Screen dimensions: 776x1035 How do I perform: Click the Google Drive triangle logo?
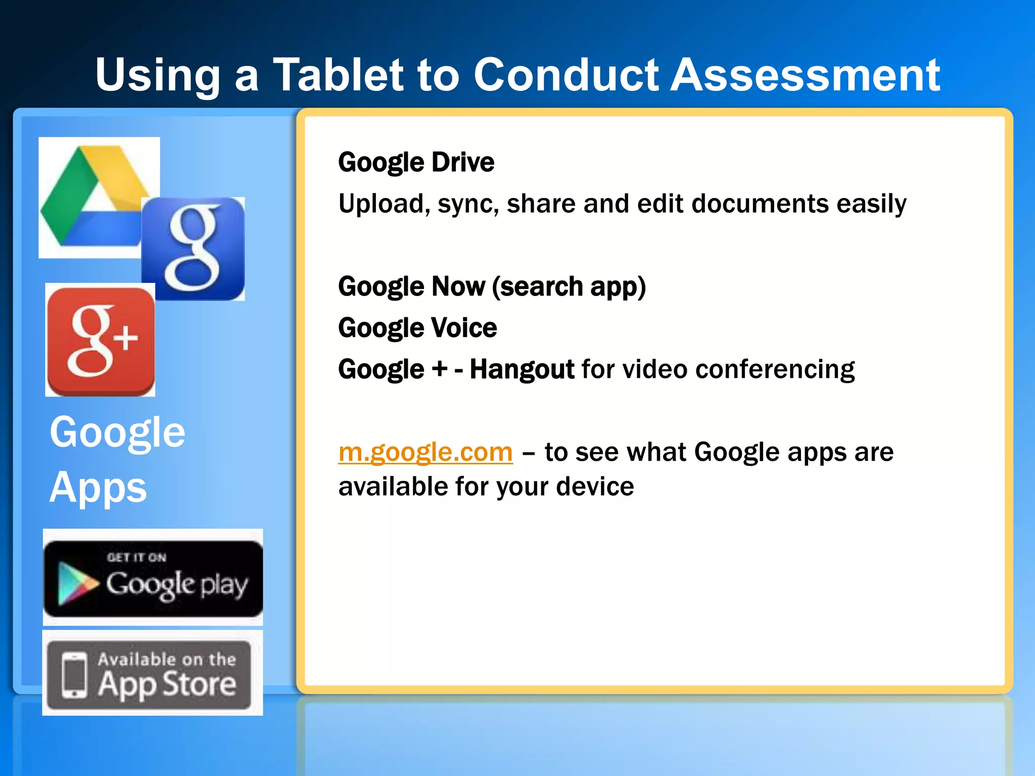(91, 197)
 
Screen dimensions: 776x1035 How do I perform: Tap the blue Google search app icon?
(193, 249)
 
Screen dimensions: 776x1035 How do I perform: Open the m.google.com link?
(425, 452)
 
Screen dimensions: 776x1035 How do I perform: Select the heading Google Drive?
(416, 163)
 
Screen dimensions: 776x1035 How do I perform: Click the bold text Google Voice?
(417, 328)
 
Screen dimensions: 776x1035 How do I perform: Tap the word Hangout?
(522, 369)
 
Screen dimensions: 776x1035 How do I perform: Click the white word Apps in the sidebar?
(98, 488)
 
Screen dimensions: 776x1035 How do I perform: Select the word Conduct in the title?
(566, 75)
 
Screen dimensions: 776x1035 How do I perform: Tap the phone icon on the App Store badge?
(74, 675)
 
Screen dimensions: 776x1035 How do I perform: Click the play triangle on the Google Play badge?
(76, 583)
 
